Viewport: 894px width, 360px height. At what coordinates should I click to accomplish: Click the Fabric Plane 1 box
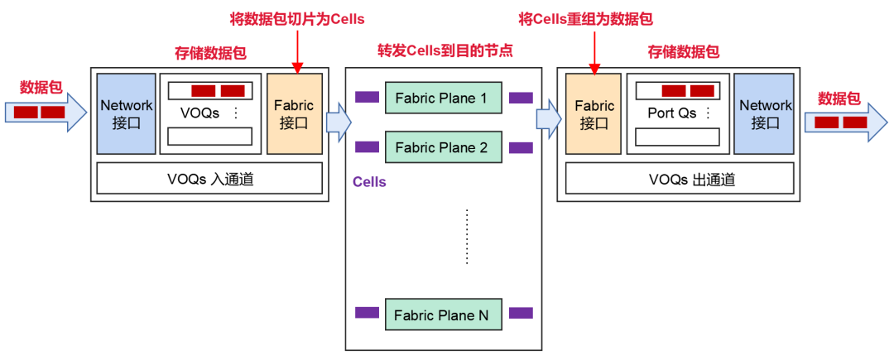coord(442,98)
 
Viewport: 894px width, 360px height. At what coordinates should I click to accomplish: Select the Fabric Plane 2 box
coord(442,148)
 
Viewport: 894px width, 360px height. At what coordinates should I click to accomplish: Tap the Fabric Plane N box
coord(442,314)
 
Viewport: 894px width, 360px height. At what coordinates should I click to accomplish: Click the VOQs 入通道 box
coord(209,178)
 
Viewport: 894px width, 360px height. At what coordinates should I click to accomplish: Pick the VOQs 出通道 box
coord(680,178)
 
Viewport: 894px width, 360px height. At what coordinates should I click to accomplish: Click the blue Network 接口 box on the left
coord(126,113)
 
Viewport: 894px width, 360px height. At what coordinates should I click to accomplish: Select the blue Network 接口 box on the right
coord(766,113)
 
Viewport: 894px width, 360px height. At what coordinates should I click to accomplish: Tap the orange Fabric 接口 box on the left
coord(295,113)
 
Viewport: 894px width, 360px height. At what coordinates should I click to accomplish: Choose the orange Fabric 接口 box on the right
coord(594,113)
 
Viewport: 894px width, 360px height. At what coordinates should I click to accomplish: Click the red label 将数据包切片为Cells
coord(296,18)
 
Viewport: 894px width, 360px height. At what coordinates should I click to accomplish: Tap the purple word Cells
coord(369,181)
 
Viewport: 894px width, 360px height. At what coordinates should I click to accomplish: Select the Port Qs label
coord(671,113)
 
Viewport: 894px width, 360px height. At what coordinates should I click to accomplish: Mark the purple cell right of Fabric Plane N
coord(521,314)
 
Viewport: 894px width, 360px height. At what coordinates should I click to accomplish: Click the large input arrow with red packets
coord(45,112)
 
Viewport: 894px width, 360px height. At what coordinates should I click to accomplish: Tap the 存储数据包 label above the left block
coord(210,51)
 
